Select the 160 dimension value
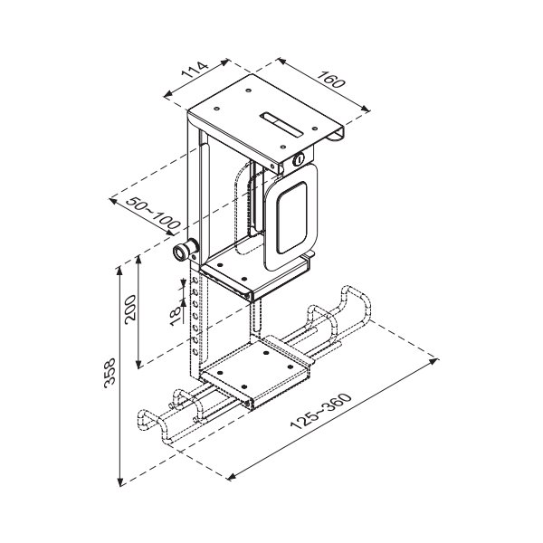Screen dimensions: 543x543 click(x=332, y=81)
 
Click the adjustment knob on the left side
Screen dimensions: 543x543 click(x=186, y=251)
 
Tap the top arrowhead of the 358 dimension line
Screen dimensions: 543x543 click(x=120, y=268)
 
